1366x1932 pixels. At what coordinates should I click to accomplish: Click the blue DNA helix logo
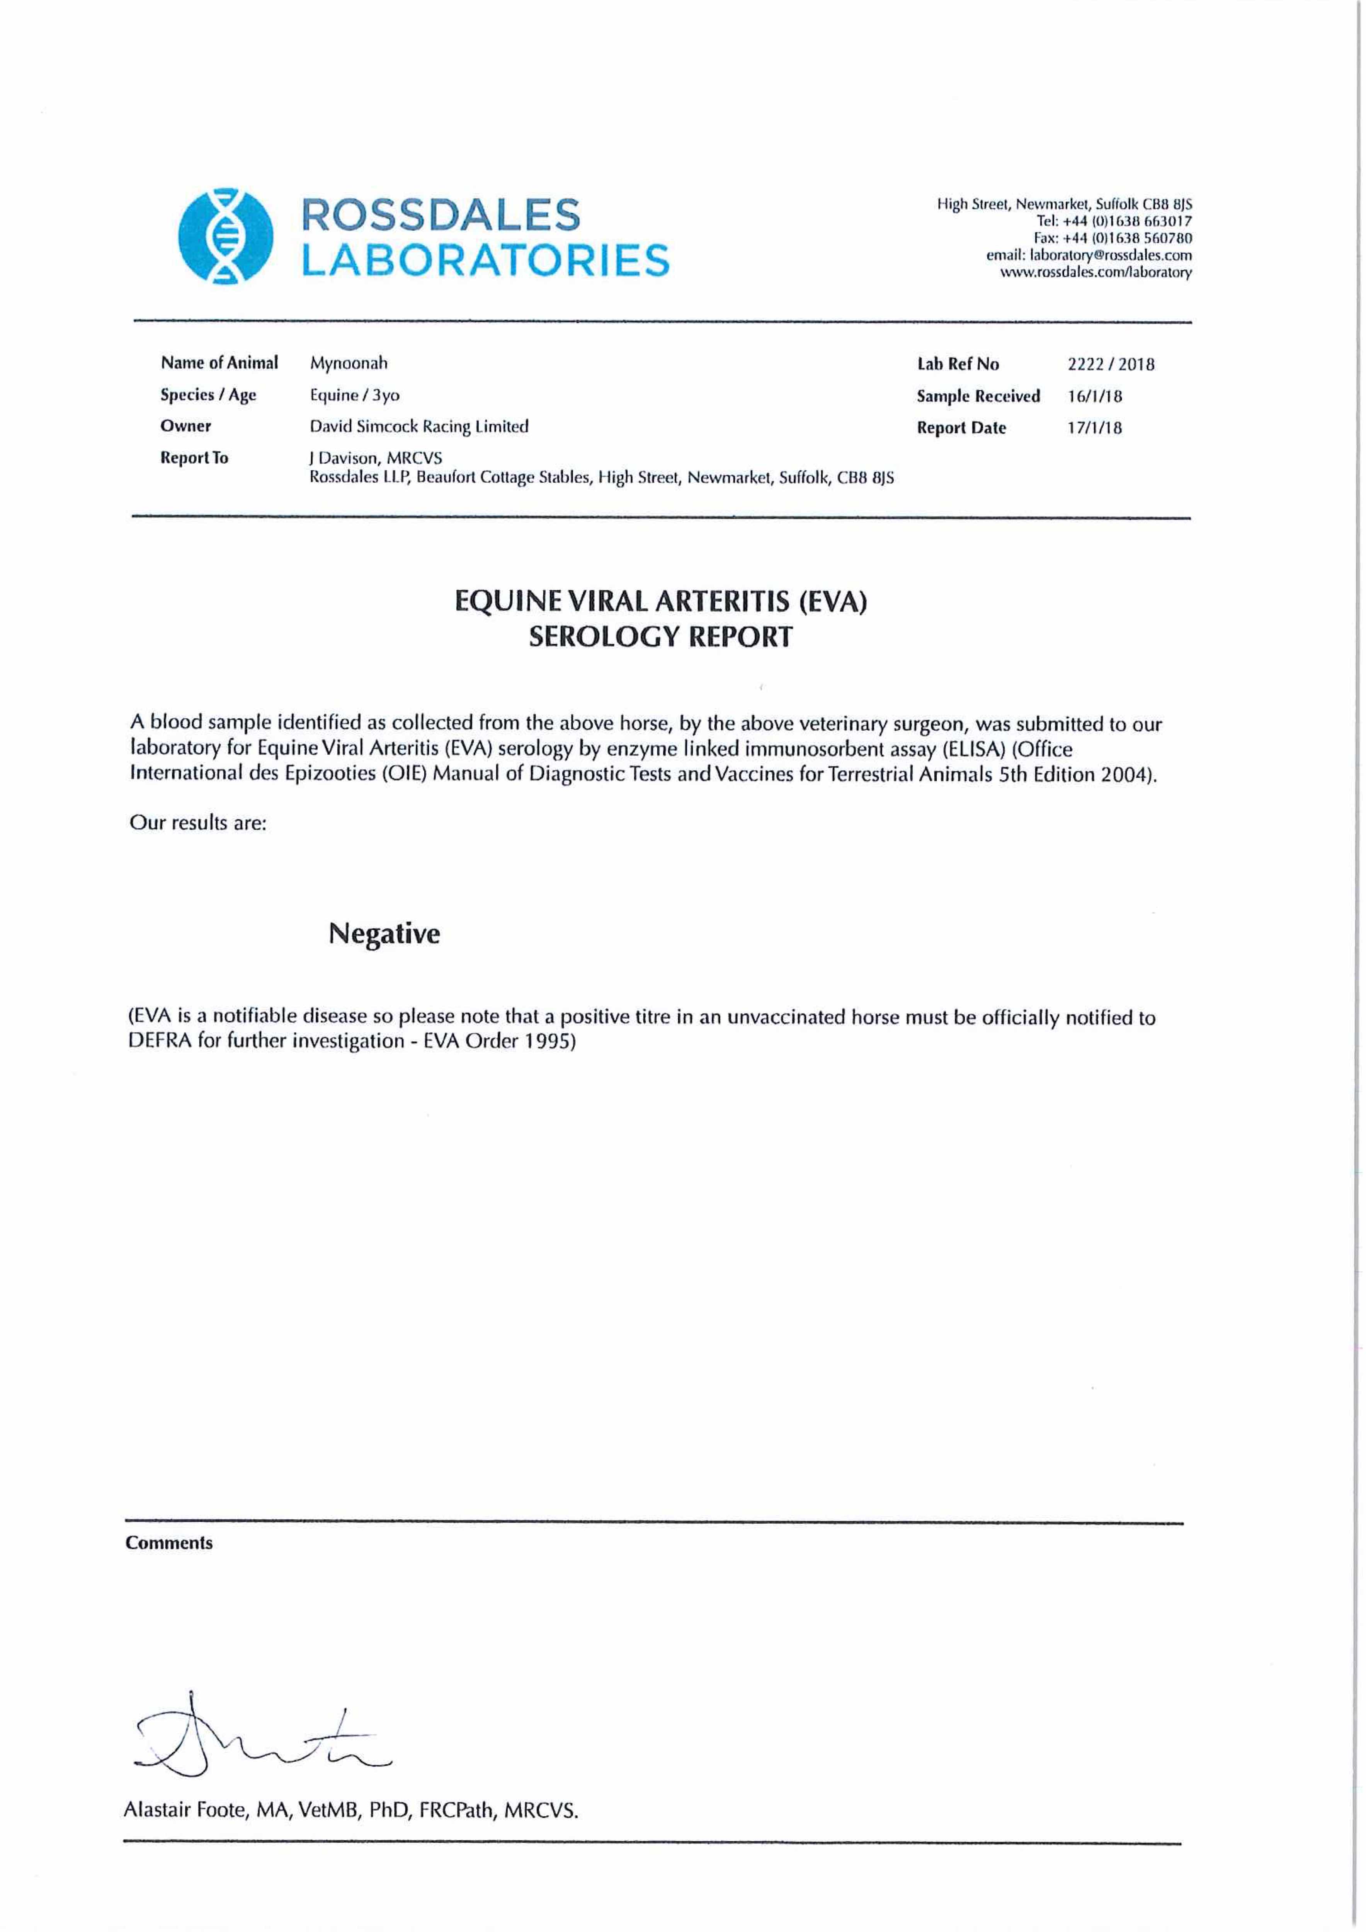tap(226, 235)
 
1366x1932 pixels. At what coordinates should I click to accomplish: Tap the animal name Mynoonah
tap(349, 364)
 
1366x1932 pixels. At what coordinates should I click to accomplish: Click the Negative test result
tap(384, 934)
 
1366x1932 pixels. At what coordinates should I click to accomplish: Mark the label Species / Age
tap(208, 395)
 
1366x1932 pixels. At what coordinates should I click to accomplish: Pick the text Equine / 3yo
tap(354, 395)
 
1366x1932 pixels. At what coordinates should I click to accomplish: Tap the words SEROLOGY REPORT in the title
tap(660, 637)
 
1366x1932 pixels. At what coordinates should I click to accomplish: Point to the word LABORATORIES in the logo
tap(486, 260)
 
